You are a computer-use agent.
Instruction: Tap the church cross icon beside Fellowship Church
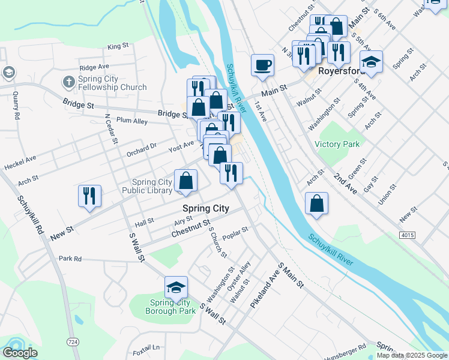(69, 81)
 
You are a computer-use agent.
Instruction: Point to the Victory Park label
(337, 144)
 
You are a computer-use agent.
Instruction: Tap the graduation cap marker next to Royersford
(372, 62)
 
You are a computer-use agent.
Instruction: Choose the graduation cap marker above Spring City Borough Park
(176, 288)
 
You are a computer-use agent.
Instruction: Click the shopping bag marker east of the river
(316, 203)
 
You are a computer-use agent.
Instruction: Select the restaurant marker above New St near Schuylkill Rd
(89, 196)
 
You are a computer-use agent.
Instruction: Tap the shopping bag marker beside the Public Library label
(186, 181)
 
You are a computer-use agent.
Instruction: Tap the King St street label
(118, 46)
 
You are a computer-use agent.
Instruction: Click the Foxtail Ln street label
(146, 347)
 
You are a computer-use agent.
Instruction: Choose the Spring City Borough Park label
(171, 307)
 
